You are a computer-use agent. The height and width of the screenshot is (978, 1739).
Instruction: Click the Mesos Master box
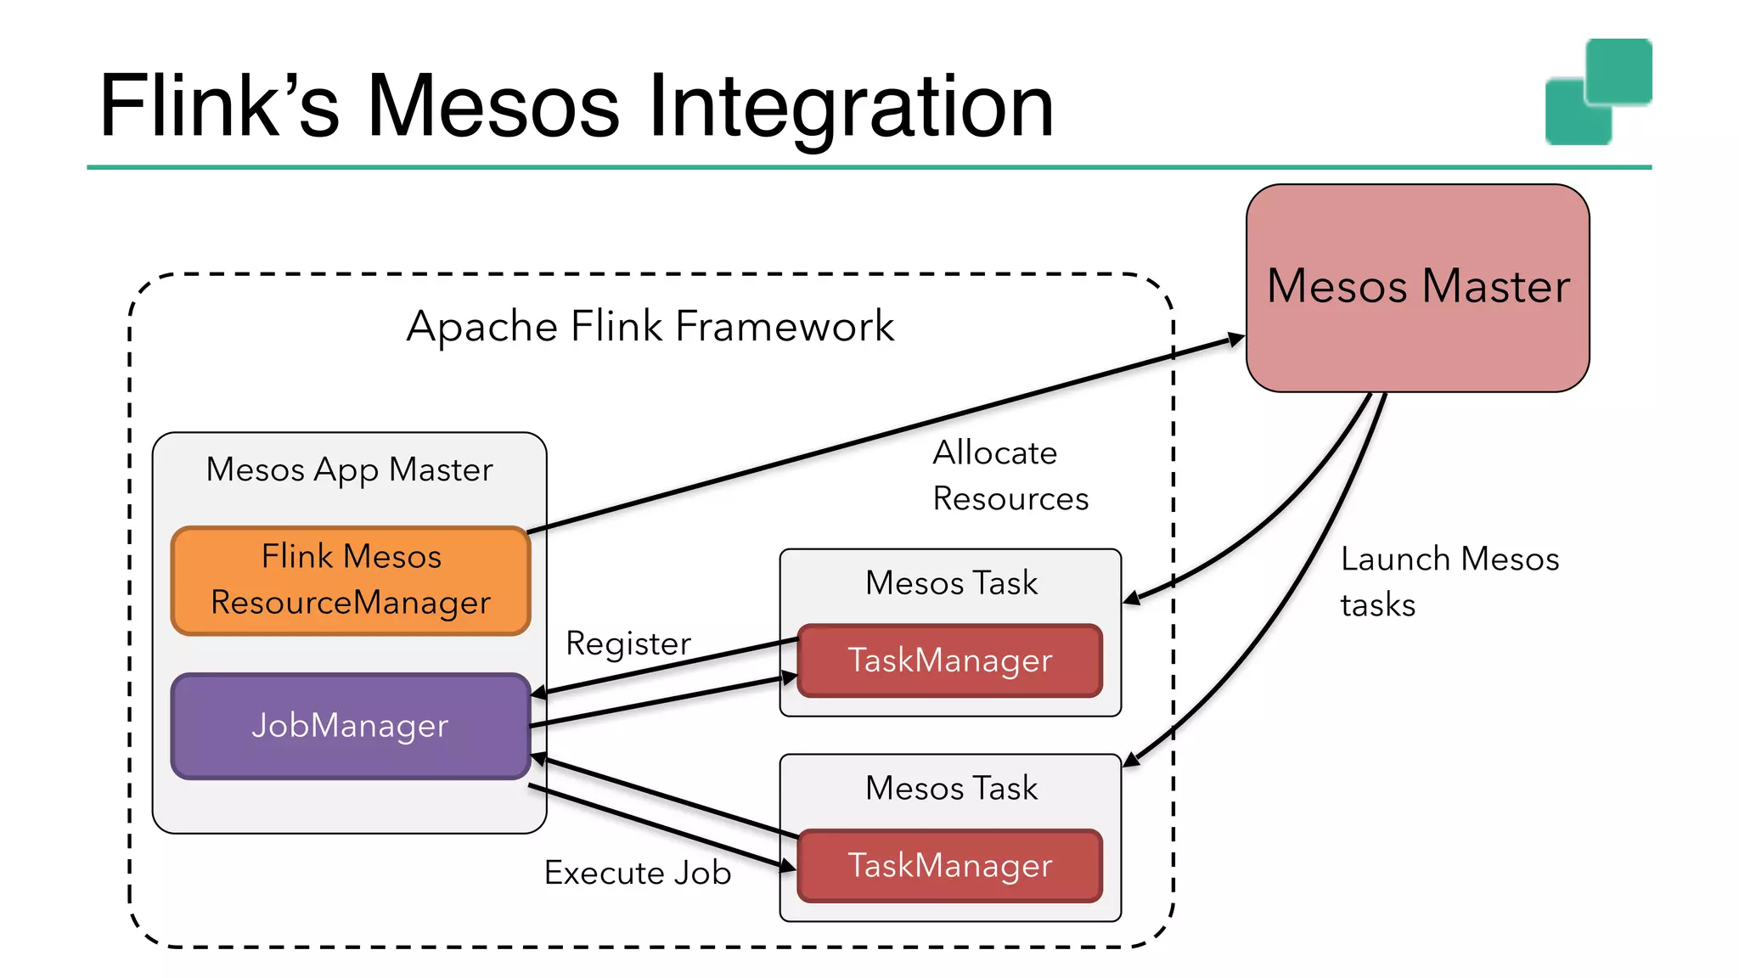pyautogui.click(x=1417, y=287)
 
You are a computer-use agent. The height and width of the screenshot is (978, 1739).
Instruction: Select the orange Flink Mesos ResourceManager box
pyautogui.click(x=351, y=580)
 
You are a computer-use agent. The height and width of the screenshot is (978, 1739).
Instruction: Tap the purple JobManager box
pyautogui.click(x=351, y=726)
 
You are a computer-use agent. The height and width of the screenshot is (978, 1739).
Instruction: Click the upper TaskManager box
pyautogui.click(x=949, y=660)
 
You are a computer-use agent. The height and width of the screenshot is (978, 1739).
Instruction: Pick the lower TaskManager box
pyautogui.click(x=949, y=866)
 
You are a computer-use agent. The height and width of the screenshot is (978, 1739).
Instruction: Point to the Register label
pyautogui.click(x=628, y=644)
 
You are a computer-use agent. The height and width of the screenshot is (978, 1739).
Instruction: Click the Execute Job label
pyautogui.click(x=638, y=873)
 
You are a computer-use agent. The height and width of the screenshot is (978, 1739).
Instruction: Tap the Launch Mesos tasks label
pyautogui.click(x=1449, y=582)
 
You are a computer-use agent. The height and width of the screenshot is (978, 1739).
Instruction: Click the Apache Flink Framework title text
pyautogui.click(x=650, y=326)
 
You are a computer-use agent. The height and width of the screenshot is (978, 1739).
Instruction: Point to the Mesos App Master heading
pyautogui.click(x=349, y=469)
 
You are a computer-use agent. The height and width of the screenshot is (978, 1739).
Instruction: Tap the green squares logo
pyautogui.click(x=1598, y=91)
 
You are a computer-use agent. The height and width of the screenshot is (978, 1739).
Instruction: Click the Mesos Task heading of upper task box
pyautogui.click(x=951, y=583)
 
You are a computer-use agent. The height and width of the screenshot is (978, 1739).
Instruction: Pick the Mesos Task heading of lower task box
pyautogui.click(x=951, y=789)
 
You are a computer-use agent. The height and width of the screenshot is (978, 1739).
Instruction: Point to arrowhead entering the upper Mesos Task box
pyautogui.click(x=1132, y=599)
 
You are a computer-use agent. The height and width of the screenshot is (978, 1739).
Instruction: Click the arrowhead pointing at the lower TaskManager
pyautogui.click(x=788, y=866)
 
